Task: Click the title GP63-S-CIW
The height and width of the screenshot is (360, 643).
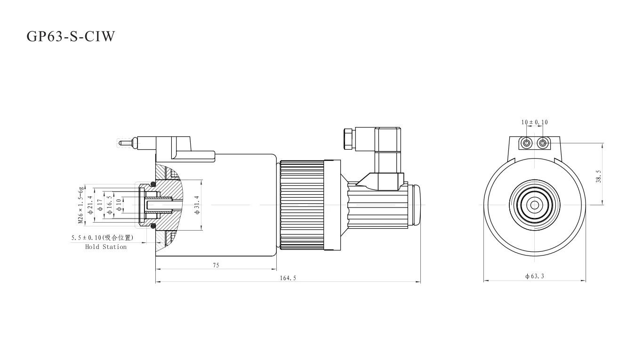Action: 71,36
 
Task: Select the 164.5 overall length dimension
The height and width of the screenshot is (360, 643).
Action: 288,278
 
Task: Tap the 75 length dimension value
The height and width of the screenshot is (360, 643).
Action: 216,265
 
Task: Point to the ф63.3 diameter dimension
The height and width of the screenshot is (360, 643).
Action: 534,276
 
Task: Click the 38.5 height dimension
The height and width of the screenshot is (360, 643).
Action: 598,176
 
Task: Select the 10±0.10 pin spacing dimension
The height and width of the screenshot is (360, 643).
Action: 534,122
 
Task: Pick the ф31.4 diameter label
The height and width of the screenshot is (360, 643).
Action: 197,205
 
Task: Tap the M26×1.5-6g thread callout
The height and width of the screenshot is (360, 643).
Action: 81,205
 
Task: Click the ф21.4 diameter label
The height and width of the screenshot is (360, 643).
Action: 91,205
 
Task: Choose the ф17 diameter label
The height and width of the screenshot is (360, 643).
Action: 100,205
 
